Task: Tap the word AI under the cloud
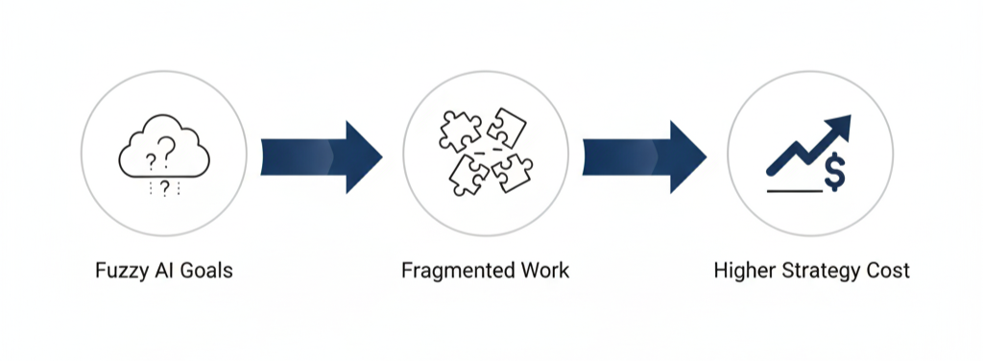pyautogui.click(x=156, y=271)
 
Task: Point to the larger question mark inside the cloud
pyautogui.click(x=168, y=147)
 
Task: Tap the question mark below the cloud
pyautogui.click(x=164, y=186)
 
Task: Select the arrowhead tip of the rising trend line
pyautogui.click(x=843, y=123)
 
